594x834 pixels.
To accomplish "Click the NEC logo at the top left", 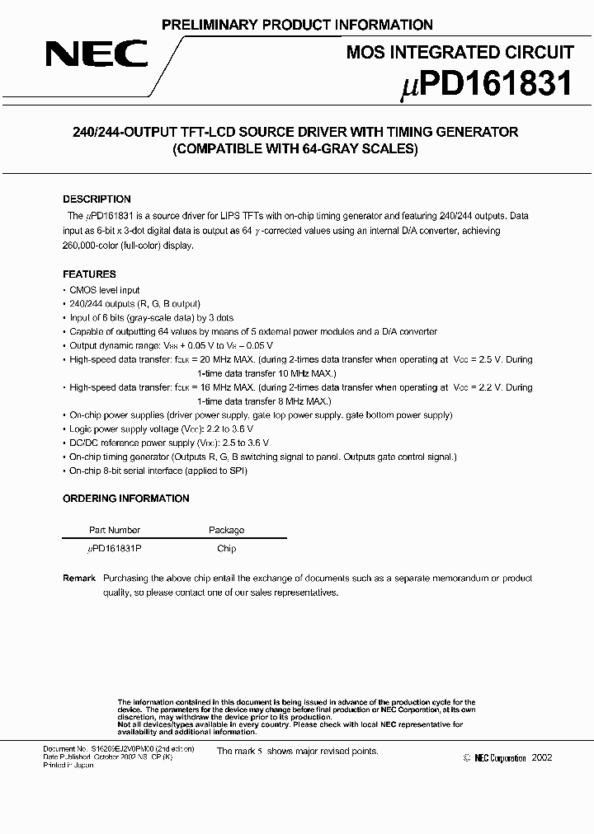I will [97, 55].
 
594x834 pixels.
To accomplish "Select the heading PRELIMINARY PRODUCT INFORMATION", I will [297, 25].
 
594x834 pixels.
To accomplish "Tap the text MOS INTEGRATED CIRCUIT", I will [460, 53].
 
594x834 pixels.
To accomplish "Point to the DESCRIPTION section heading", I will [97, 199].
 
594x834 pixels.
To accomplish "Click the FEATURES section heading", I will [89, 274].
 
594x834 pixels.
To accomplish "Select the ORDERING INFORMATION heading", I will [125, 499].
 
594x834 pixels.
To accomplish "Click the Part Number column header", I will [115, 530].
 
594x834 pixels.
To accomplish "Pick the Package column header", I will [226, 530].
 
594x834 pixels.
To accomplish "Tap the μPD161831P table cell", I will [115, 549].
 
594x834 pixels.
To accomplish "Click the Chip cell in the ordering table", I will [226, 549].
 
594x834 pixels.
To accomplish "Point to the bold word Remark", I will [79, 579].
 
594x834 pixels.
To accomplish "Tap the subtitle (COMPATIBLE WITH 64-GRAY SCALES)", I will [295, 150].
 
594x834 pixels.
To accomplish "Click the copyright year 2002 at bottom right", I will [542, 758].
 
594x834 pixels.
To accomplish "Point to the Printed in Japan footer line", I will [68, 766].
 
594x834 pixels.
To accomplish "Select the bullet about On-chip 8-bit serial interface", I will [158, 471].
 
